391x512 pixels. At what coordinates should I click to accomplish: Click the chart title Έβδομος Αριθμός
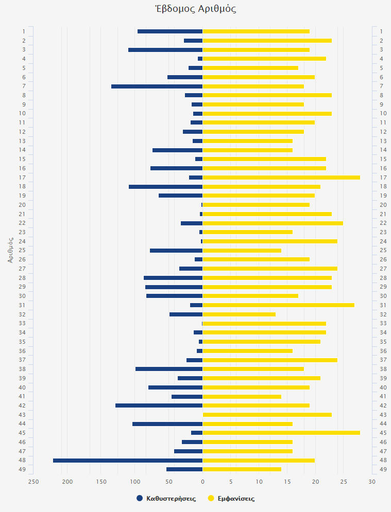click(x=195, y=9)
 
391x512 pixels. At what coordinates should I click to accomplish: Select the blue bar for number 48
click(x=128, y=460)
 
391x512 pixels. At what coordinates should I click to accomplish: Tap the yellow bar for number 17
click(x=281, y=178)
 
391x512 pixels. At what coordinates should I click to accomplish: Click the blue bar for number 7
click(x=157, y=86)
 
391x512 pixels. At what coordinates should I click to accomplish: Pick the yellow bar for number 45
click(x=281, y=433)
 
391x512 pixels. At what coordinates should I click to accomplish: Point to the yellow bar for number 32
click(x=239, y=314)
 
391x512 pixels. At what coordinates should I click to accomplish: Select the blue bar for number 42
click(x=159, y=405)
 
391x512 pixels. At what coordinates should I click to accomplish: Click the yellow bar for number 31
click(x=278, y=305)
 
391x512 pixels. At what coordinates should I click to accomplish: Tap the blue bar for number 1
click(x=170, y=31)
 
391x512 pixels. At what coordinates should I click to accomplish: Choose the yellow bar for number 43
click(x=267, y=415)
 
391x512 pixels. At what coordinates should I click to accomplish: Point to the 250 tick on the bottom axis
click(x=33, y=482)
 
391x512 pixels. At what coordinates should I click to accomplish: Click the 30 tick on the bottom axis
click(x=372, y=482)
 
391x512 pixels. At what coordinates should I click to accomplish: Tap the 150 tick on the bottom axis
click(x=101, y=482)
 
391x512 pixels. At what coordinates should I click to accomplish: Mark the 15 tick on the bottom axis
click(x=287, y=482)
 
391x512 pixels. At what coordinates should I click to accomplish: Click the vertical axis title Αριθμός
click(x=10, y=250)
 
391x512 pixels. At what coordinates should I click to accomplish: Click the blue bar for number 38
click(x=169, y=369)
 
